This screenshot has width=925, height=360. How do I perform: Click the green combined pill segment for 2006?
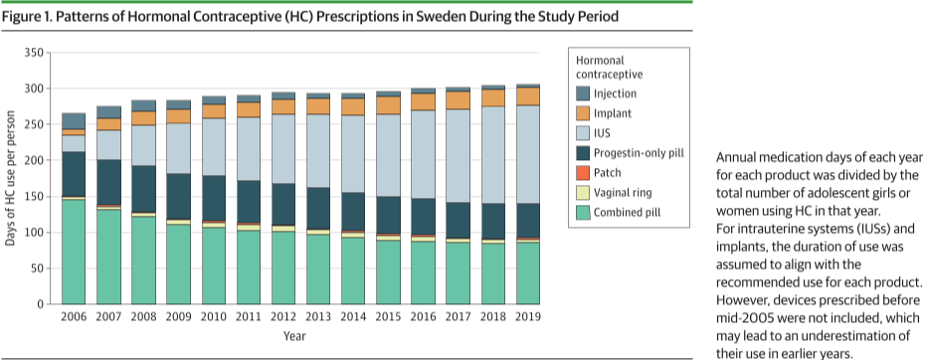click(x=74, y=252)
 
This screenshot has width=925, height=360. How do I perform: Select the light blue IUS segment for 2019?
click(x=528, y=154)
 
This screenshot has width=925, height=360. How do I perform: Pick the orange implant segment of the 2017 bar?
click(x=459, y=100)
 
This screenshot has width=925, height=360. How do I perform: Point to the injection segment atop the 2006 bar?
click(x=74, y=121)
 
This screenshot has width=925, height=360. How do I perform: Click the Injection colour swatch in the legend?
click(x=582, y=93)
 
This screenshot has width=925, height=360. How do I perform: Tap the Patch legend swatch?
click(x=582, y=173)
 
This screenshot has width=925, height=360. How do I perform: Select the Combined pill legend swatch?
click(x=582, y=213)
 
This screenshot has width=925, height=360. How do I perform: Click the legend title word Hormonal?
click(x=600, y=61)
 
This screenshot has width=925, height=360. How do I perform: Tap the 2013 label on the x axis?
click(x=318, y=317)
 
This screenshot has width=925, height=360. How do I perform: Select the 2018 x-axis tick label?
click(x=493, y=317)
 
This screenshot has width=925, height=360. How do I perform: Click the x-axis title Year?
click(x=294, y=336)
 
